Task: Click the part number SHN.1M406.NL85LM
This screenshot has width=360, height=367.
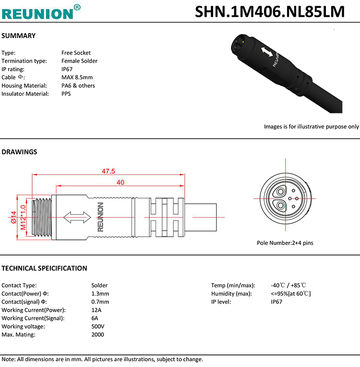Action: coord(270,12)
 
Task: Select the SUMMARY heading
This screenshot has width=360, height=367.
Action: coord(19,36)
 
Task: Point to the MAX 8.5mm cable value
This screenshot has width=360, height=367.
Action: coord(77,77)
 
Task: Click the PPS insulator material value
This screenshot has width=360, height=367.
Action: coord(66,94)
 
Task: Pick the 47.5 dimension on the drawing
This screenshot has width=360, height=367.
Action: coord(108,171)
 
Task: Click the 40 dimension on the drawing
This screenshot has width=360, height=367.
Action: coord(120,182)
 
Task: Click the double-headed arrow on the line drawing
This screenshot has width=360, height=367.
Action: coord(77,217)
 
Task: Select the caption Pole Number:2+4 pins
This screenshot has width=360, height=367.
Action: coord(285,243)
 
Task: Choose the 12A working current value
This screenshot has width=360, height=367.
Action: coord(96,310)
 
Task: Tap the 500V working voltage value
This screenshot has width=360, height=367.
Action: coord(98,326)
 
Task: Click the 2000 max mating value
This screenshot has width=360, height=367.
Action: coord(97,334)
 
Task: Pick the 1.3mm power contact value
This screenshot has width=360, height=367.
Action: coord(100,294)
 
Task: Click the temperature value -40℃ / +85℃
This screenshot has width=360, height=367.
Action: coord(288,285)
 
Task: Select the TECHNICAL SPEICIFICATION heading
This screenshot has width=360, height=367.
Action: coord(45,268)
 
